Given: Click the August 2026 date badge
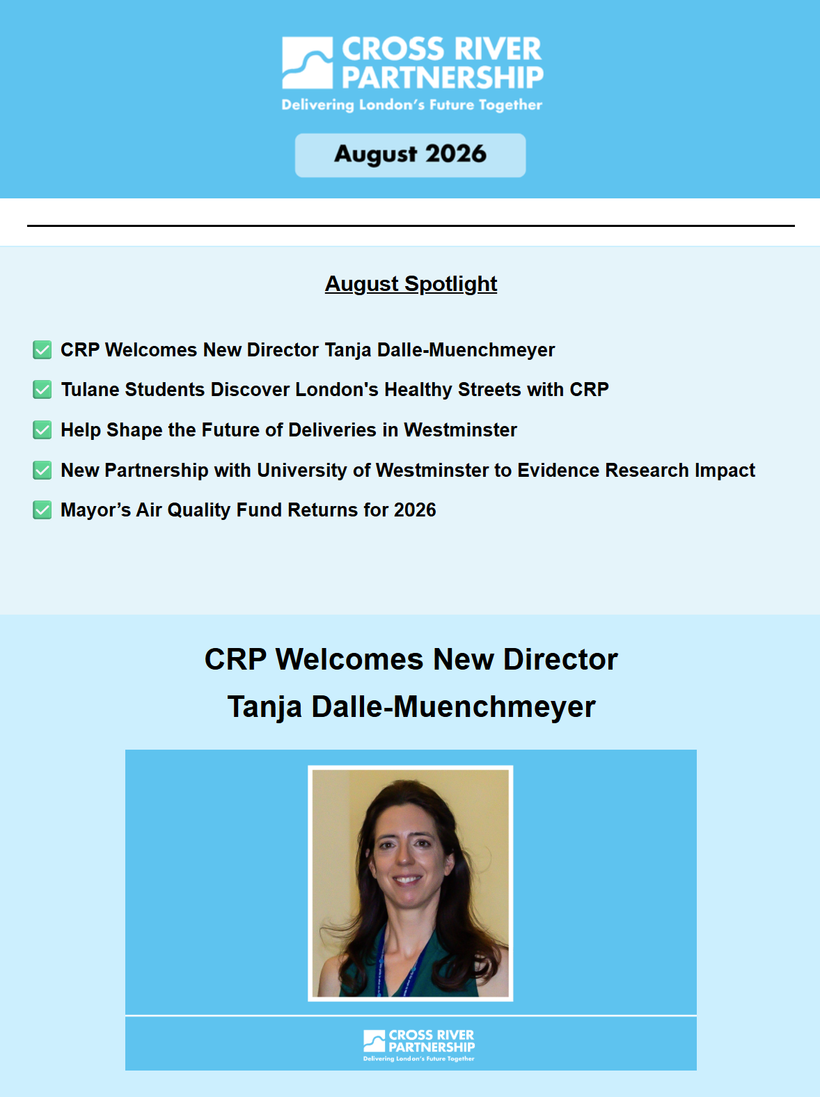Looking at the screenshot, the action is (410, 155).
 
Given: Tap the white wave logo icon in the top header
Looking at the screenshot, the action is (307, 63).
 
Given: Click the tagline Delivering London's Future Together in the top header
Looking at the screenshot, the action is (412, 105).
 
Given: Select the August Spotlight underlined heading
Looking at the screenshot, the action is (411, 284).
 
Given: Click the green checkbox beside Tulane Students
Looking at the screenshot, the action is (42, 389).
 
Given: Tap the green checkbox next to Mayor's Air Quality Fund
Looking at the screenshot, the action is (42, 510).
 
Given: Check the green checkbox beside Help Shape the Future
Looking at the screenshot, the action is (42, 429).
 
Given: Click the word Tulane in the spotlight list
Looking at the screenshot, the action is (90, 389).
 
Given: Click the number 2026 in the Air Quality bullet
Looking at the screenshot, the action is (415, 510).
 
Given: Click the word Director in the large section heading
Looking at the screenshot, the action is (560, 659).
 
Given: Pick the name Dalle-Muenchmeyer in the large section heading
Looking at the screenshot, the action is (453, 707).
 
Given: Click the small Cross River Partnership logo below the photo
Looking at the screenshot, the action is (419, 1045).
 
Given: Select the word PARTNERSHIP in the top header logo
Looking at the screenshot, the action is (442, 77).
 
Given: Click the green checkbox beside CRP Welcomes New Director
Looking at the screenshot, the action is (42, 350).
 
